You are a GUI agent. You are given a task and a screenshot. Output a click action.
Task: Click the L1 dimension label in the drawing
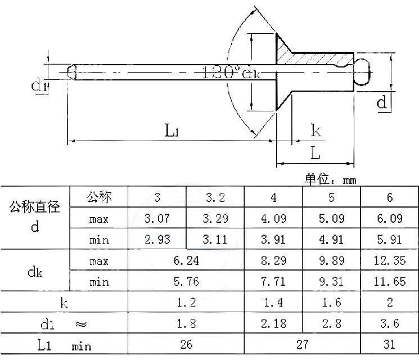click(172, 131)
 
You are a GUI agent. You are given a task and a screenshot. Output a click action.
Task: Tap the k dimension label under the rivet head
click(317, 131)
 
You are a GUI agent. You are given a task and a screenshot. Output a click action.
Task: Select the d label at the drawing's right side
click(382, 102)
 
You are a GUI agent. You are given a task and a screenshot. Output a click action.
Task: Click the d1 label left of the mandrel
click(38, 85)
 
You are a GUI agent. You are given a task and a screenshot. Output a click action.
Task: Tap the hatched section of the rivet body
click(315, 58)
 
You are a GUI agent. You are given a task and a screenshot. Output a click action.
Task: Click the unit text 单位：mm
click(331, 179)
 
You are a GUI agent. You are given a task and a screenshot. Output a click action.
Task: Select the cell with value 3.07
click(157, 218)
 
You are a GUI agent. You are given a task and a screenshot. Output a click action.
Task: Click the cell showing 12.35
click(390, 260)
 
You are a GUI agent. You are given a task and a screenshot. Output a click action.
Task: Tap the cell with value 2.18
click(273, 323)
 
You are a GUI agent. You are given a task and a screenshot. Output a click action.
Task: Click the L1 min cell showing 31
click(390, 344)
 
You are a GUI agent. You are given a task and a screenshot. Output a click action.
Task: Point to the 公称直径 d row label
click(35, 217)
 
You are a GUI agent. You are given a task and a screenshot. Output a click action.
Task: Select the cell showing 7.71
click(273, 281)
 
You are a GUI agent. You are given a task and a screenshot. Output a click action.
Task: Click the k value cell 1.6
click(331, 303)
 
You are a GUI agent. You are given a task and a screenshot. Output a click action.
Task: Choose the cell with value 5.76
click(186, 281)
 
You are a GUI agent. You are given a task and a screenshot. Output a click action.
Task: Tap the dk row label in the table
click(35, 271)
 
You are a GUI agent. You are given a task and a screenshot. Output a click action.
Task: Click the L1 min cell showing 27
click(302, 344)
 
